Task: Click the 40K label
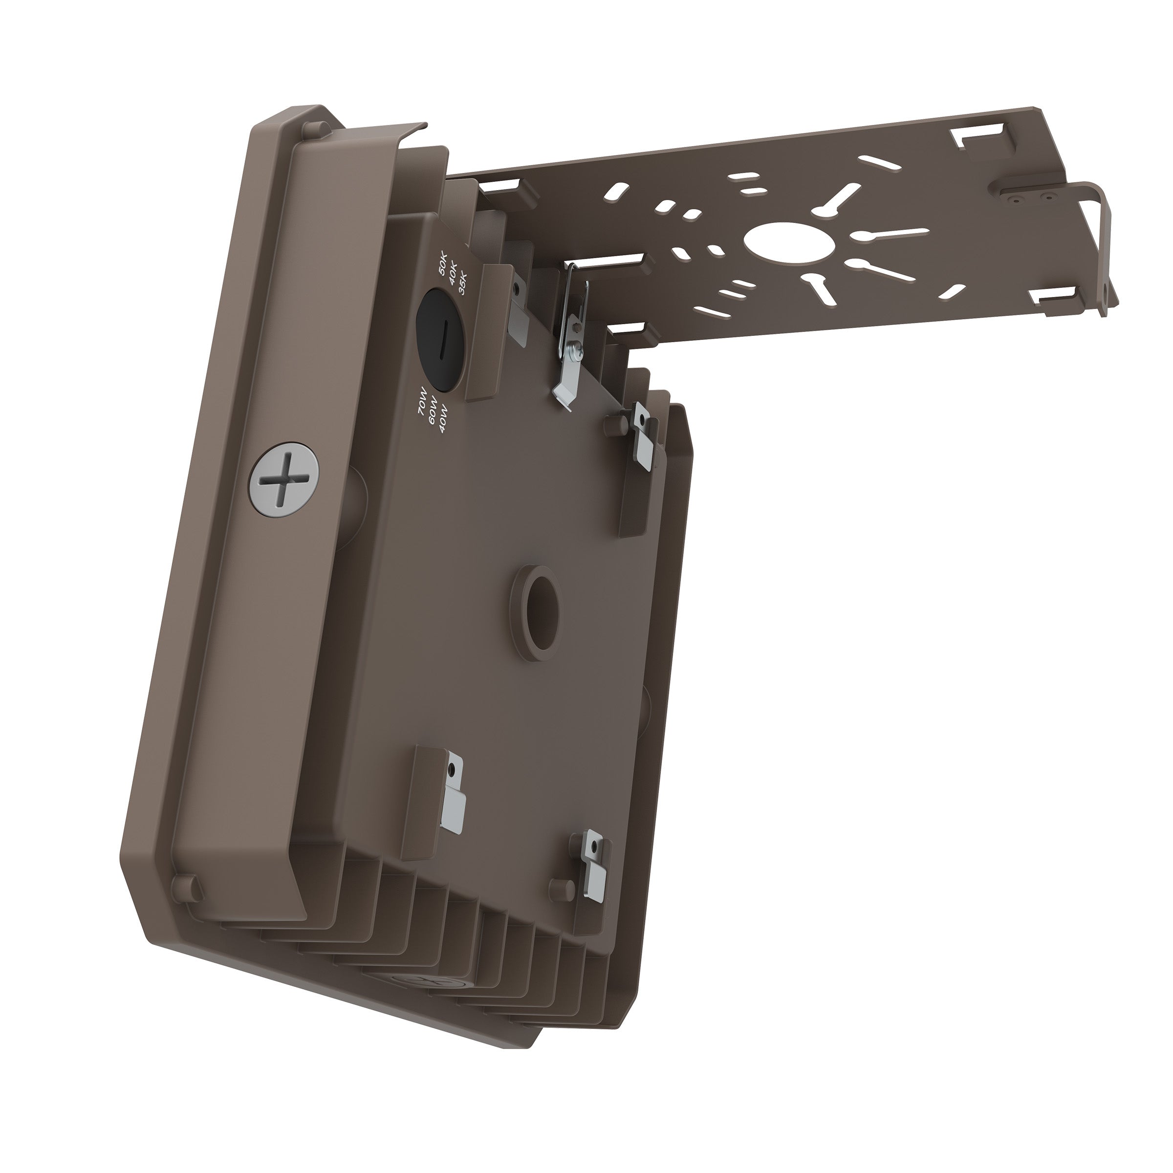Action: pos(454,276)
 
